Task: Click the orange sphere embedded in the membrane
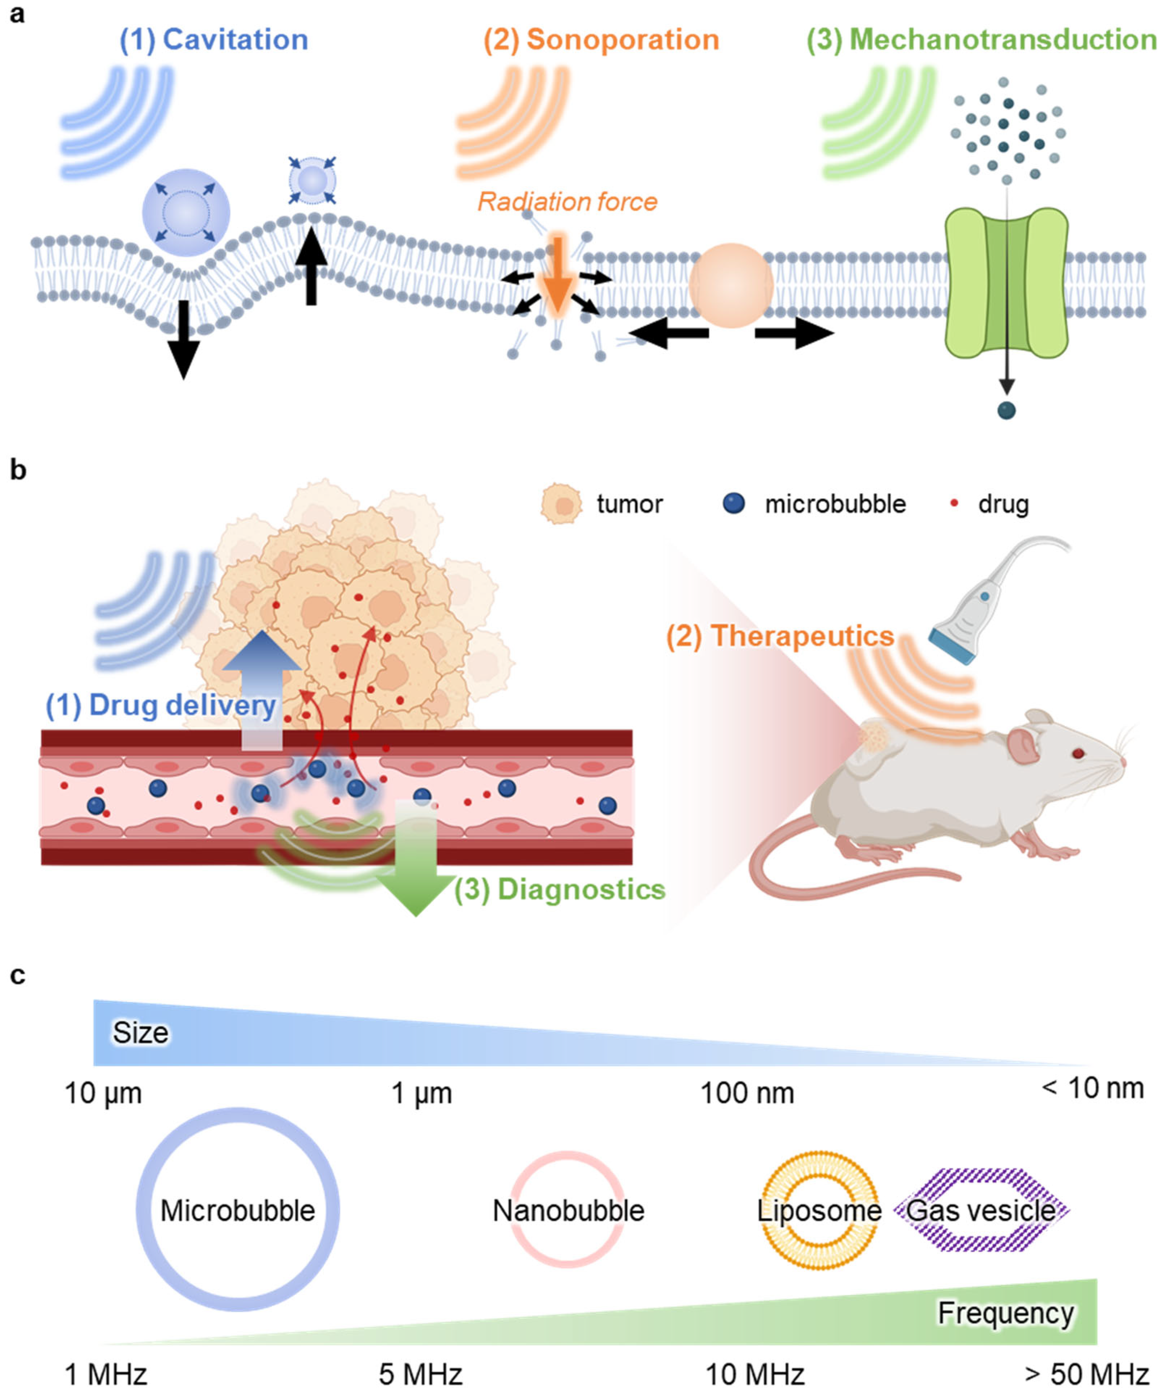pyautogui.click(x=731, y=285)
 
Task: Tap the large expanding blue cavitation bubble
pyautogui.click(x=186, y=212)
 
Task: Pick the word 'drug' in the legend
pyautogui.click(x=1003, y=505)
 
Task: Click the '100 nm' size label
pyautogui.click(x=747, y=1093)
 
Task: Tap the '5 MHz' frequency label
pyautogui.click(x=420, y=1375)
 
